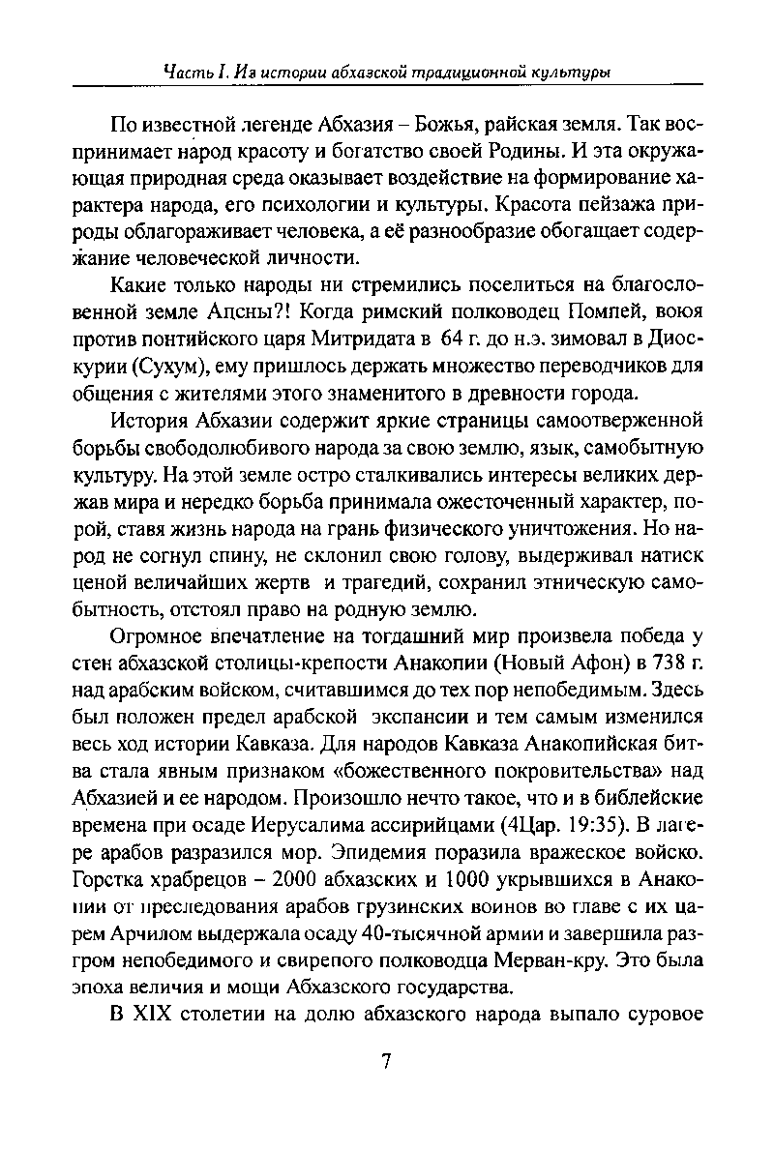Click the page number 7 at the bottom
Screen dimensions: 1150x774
[x=385, y=1061]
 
